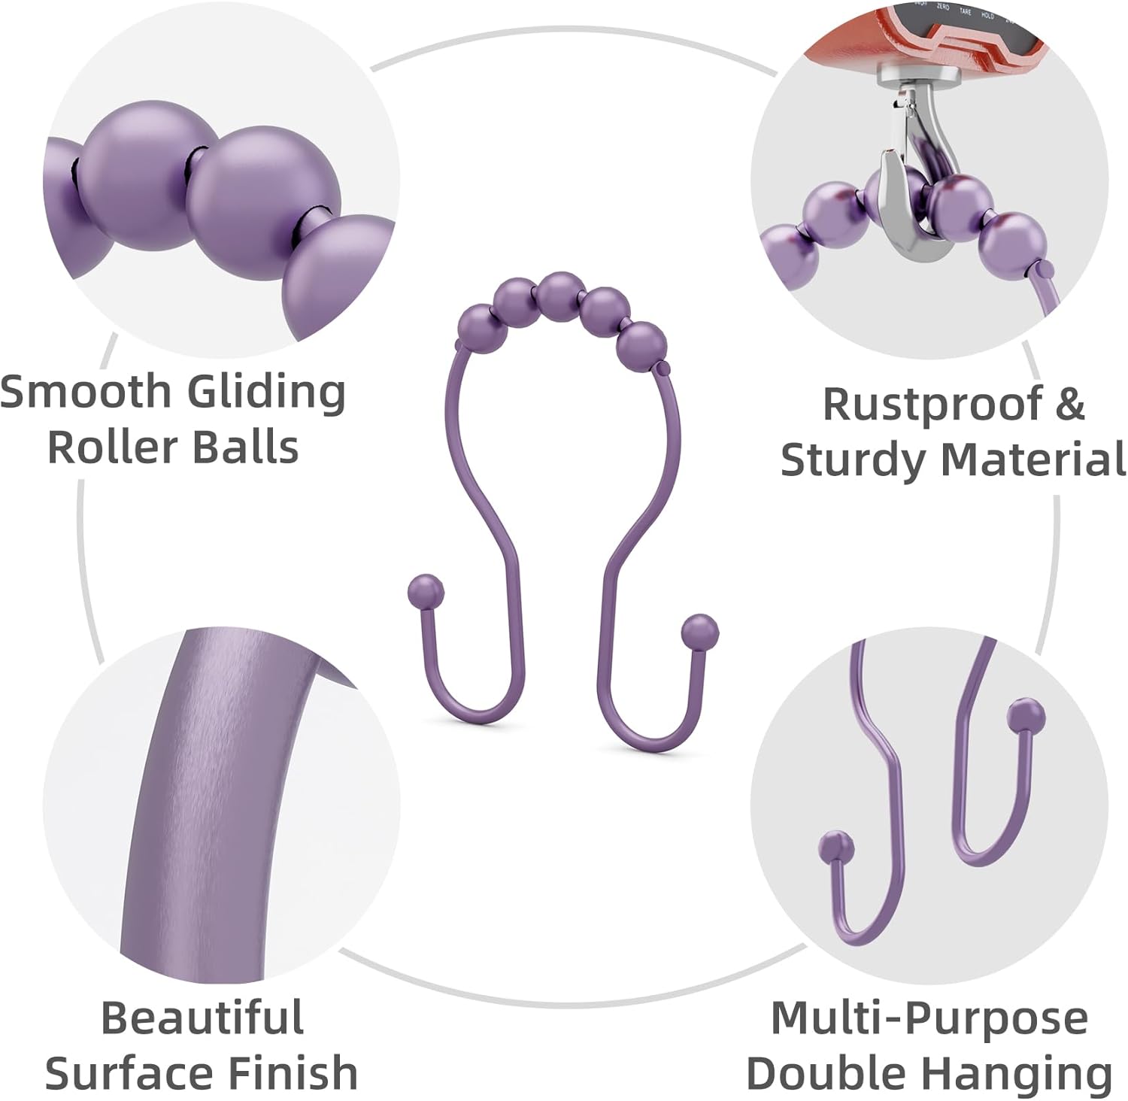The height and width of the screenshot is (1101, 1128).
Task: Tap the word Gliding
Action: coord(265,393)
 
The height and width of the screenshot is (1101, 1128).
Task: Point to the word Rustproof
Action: coord(932,405)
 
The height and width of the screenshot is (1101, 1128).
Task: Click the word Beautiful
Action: coord(202,1018)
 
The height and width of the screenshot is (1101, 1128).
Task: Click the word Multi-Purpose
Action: coord(929,1018)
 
